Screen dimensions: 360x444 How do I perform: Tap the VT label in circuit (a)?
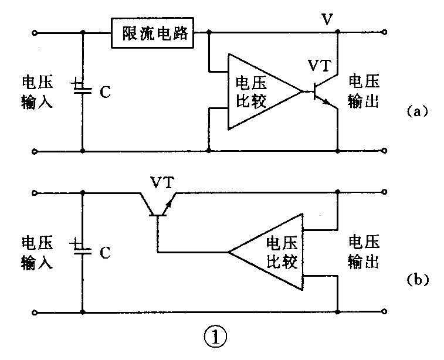click(x=322, y=64)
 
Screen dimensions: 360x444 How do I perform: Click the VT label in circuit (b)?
click(x=162, y=183)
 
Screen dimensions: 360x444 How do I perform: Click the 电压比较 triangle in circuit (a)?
click(x=257, y=91)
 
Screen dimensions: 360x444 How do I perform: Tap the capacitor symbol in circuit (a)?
click(x=82, y=87)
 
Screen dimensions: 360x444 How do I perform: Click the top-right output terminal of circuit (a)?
click(x=386, y=33)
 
